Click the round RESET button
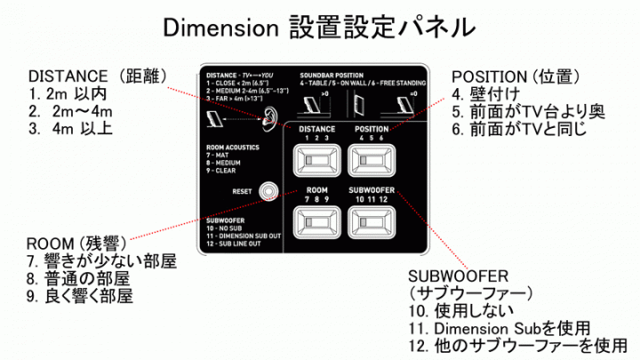268,190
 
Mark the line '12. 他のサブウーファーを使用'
519,345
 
